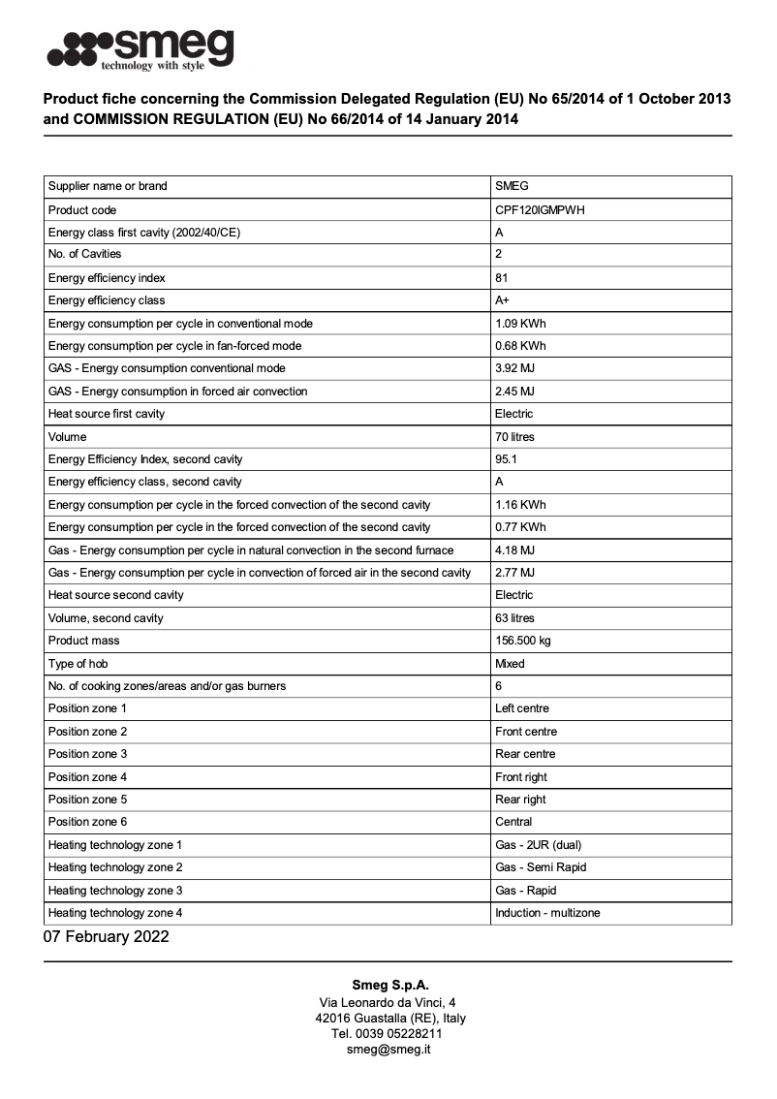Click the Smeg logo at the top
141,49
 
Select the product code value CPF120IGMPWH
540,209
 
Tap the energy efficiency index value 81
501,277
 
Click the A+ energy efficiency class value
502,300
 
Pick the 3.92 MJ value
514,368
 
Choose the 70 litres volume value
514,437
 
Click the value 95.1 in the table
506,459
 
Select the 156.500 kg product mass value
522,641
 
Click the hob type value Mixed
510,664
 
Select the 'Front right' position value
521,777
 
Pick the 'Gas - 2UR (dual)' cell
538,845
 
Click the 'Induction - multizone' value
547,913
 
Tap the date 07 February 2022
106,936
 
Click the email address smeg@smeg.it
388,1049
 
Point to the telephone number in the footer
388,1033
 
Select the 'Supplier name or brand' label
108,186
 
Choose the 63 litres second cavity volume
514,618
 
